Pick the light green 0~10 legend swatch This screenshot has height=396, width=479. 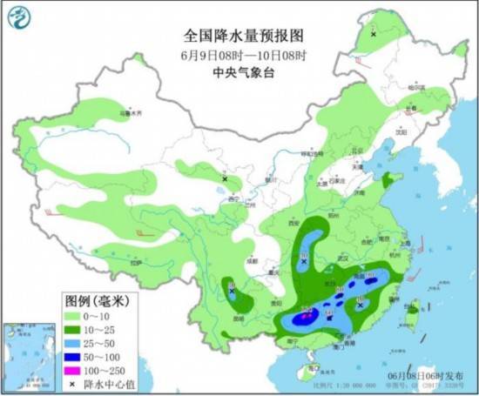73,314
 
